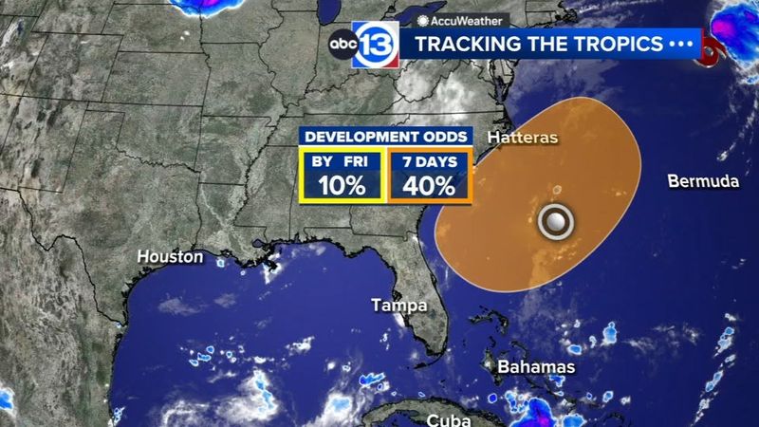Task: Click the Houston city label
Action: click(170, 256)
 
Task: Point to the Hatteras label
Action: click(522, 139)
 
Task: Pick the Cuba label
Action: click(449, 418)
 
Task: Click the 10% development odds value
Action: click(342, 184)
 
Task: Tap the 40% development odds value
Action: click(429, 184)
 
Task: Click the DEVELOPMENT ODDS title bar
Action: click(384, 137)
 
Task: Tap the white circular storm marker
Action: click(555, 221)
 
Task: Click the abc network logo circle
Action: click(342, 45)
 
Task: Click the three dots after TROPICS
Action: click(682, 45)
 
